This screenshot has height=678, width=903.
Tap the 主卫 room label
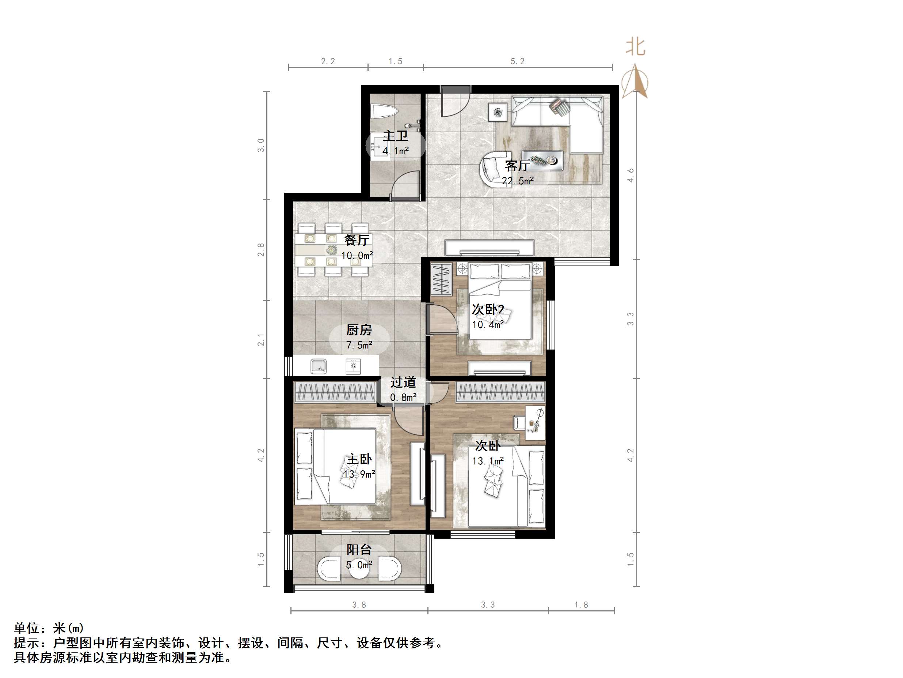click(395, 136)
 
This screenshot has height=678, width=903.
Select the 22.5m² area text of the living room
click(518, 181)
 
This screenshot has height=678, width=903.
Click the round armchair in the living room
click(492, 168)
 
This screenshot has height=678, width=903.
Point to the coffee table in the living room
click(542, 161)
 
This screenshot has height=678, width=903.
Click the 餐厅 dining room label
click(357, 240)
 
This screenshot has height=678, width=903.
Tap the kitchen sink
click(319, 366)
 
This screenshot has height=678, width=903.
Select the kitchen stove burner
click(353, 366)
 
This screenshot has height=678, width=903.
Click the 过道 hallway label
click(403, 383)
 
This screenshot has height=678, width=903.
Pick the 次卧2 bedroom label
click(488, 309)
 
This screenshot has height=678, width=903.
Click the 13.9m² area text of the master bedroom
click(359, 474)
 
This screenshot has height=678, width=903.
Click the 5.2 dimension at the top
click(517, 61)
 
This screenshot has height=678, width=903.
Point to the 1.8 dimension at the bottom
click(581, 605)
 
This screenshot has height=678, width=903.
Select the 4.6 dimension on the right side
click(631, 175)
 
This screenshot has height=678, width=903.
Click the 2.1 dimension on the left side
click(261, 340)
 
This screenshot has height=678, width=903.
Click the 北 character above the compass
click(635, 48)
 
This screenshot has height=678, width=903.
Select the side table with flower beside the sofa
click(498, 112)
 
